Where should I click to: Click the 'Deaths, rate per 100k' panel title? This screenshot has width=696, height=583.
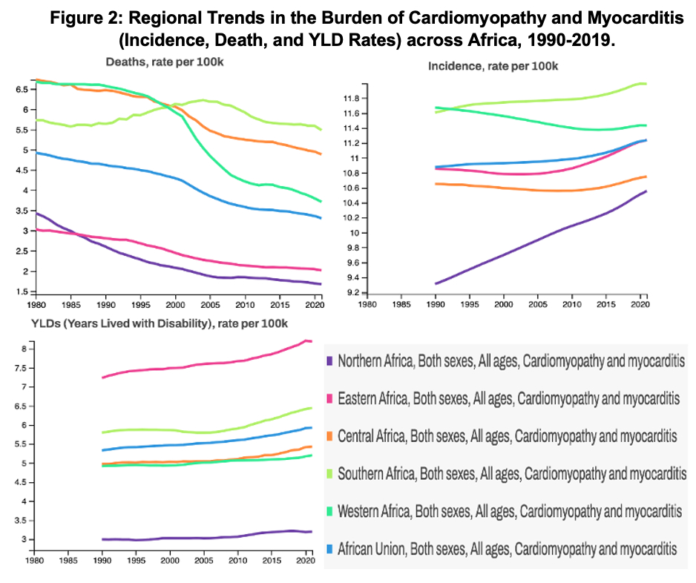point(164,62)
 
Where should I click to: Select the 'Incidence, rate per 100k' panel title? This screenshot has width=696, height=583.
point(493,66)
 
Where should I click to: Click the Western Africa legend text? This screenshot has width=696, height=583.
point(508,511)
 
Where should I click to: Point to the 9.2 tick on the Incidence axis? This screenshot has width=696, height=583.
point(354,293)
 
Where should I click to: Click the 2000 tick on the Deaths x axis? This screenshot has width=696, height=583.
point(175,304)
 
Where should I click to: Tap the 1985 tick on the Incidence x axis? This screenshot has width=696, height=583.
point(401,304)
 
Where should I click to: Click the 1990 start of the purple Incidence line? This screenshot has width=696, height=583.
point(436,283)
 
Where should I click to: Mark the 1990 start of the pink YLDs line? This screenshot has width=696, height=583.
point(102,378)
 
